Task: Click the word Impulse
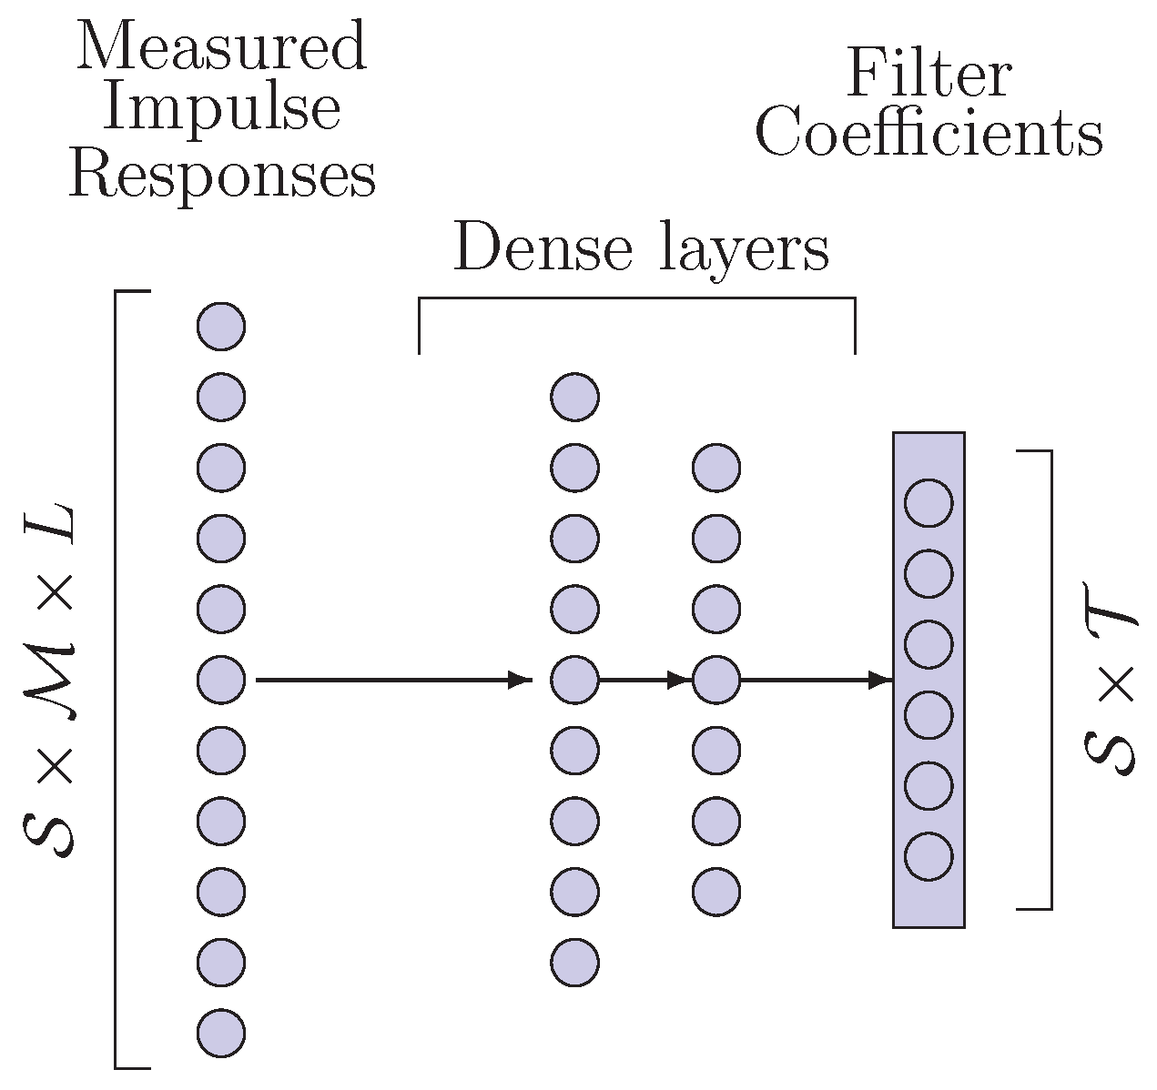pyautogui.click(x=221, y=109)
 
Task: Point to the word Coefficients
pyautogui.click(x=929, y=134)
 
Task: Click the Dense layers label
pyautogui.click(x=641, y=247)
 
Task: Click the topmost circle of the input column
pyautogui.click(x=221, y=327)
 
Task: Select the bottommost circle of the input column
pyautogui.click(x=221, y=1033)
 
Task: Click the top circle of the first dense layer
pyautogui.click(x=574, y=397)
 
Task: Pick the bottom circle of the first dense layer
pyautogui.click(x=574, y=962)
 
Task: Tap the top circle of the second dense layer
pyautogui.click(x=716, y=468)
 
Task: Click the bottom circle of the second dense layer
pyautogui.click(x=716, y=892)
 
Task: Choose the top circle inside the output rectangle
pyautogui.click(x=929, y=503)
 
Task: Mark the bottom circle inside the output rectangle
pyautogui.click(x=929, y=856)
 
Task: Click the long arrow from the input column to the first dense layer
pyautogui.click(x=391, y=679)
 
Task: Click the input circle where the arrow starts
pyautogui.click(x=221, y=679)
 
